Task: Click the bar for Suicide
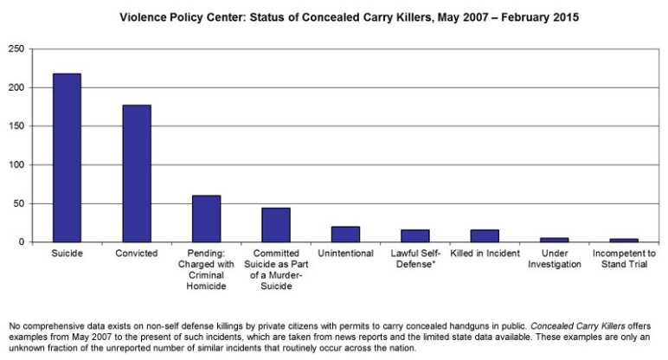tap(67, 157)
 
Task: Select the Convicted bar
tap(137, 173)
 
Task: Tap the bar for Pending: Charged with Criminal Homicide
tap(206, 219)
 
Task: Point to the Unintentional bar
tap(345, 235)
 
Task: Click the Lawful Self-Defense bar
tap(414, 235)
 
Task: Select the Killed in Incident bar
tap(485, 235)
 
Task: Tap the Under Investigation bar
tap(554, 240)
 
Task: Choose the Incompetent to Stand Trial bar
tap(624, 240)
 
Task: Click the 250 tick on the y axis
tap(15, 49)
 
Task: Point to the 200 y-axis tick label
tap(15, 87)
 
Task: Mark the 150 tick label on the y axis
tap(15, 126)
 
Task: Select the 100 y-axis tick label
tap(15, 165)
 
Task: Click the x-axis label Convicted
tap(137, 254)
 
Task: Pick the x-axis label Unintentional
tap(345, 254)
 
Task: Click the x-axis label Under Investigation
tap(554, 259)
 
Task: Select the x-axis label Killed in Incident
tap(485, 254)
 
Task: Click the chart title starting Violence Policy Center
tap(334, 16)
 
